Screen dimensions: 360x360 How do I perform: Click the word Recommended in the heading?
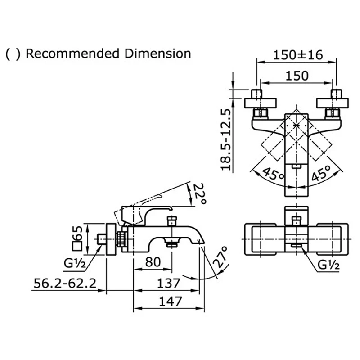[x=72, y=54]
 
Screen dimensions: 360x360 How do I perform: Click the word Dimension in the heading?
[x=158, y=54]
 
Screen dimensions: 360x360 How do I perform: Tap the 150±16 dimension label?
[x=298, y=55]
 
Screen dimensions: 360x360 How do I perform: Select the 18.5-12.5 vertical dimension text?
[x=226, y=139]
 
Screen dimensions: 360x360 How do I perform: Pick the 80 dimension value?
[x=153, y=262]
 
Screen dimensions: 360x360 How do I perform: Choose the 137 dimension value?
[x=168, y=283]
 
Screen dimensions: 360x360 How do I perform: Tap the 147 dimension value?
[x=171, y=301]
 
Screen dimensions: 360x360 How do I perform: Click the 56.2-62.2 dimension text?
[x=65, y=283]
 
